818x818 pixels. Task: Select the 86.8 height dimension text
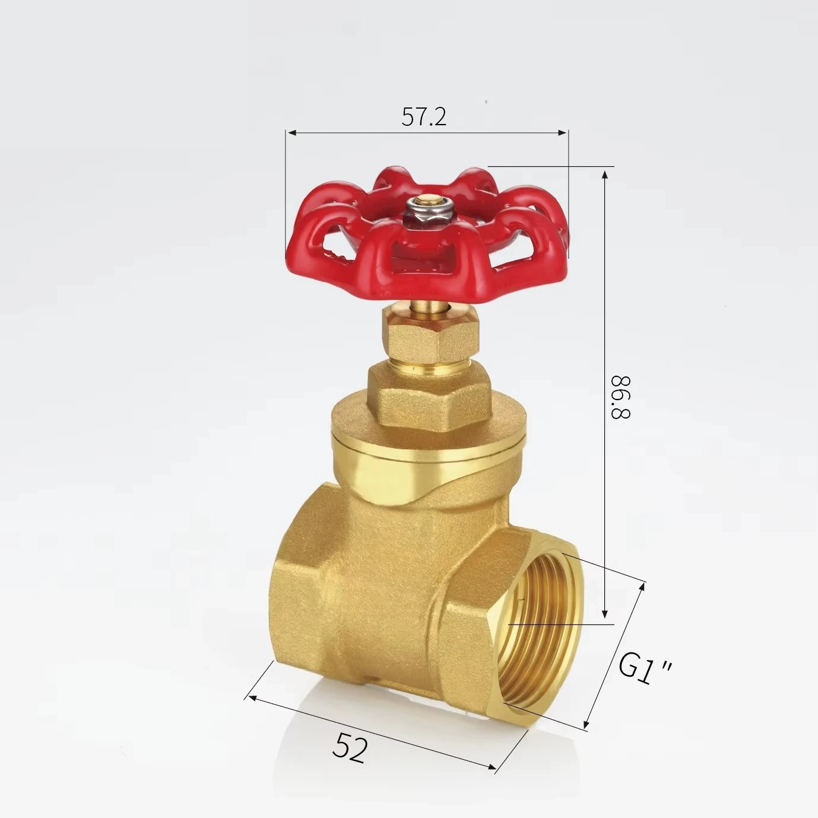click(x=620, y=397)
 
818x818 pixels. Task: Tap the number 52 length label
click(x=350, y=746)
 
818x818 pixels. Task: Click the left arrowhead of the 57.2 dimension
click(x=290, y=132)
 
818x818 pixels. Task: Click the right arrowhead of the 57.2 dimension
click(x=565, y=132)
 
